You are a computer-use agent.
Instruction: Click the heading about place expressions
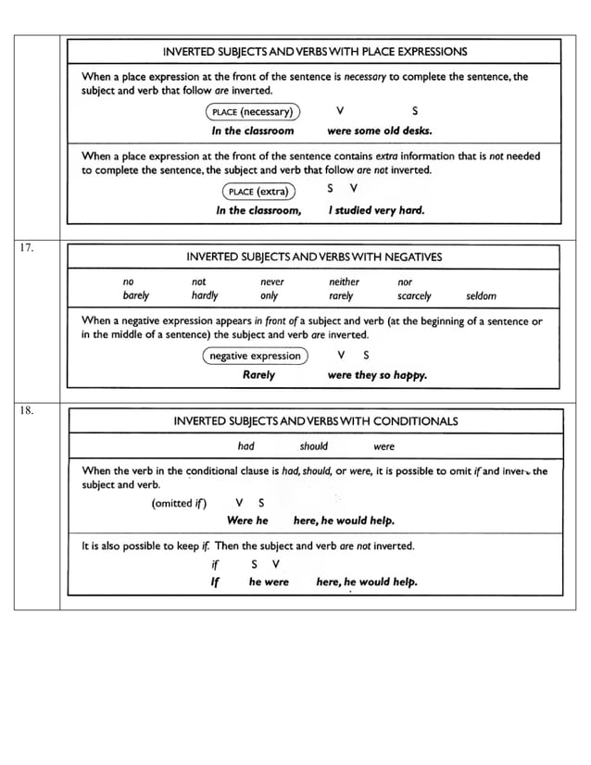click(315, 52)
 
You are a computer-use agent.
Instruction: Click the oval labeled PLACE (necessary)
click(252, 113)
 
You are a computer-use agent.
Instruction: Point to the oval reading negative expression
click(255, 356)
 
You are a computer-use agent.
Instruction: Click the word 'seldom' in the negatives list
click(481, 296)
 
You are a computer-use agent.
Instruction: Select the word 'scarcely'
click(414, 296)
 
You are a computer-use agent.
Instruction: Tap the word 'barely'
click(136, 296)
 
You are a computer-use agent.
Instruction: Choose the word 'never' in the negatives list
click(272, 282)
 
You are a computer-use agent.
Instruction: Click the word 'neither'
click(344, 282)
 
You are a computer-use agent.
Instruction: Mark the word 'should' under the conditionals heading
click(313, 445)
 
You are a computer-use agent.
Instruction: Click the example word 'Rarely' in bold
click(258, 375)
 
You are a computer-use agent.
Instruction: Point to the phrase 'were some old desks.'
click(380, 131)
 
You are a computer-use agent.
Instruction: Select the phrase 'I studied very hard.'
click(376, 210)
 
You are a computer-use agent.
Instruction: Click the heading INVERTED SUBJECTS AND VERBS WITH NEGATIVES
click(314, 257)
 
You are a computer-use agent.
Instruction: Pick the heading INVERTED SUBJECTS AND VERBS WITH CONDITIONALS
click(315, 421)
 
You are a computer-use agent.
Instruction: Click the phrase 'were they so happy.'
click(377, 376)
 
